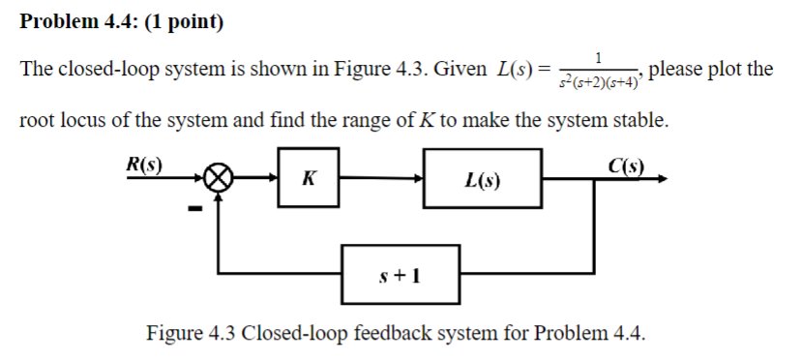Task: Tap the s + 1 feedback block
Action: click(400, 274)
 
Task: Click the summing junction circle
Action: click(220, 179)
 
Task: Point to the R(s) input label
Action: click(144, 162)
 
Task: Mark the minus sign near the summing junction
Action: click(193, 207)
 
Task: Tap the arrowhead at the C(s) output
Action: click(661, 178)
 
